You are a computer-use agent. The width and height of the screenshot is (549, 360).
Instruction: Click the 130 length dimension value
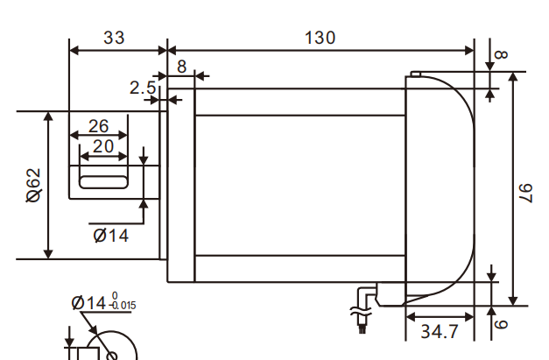click(x=320, y=38)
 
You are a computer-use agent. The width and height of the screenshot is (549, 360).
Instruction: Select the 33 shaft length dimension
click(x=114, y=38)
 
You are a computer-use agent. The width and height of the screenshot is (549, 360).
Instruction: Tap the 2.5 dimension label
click(x=142, y=88)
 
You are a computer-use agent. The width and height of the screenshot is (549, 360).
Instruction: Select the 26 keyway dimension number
click(x=98, y=125)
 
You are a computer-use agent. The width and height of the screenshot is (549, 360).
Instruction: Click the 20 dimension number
click(x=103, y=146)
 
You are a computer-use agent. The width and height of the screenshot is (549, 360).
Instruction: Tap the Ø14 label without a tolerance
click(x=110, y=235)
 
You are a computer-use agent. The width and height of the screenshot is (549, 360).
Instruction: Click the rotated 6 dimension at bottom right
click(x=502, y=323)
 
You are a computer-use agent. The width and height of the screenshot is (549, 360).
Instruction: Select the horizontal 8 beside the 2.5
click(x=181, y=66)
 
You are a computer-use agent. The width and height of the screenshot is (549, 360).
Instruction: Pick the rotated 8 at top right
click(x=502, y=54)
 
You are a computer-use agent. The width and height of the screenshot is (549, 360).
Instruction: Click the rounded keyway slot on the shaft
click(x=103, y=182)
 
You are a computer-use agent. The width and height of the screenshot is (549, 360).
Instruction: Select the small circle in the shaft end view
click(x=111, y=355)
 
